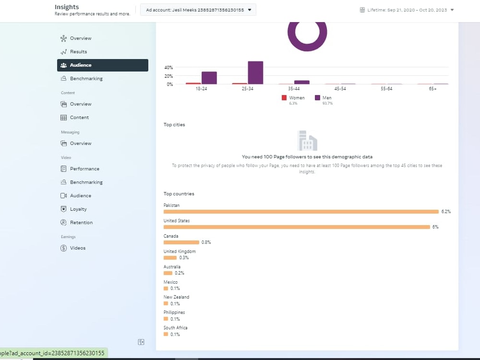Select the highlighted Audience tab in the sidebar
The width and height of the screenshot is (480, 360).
[103, 65]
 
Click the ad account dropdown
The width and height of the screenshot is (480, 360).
[198, 10]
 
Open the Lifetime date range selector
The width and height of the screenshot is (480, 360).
[407, 10]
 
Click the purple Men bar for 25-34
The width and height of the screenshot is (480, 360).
[256, 72]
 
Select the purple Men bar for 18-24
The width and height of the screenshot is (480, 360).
[209, 78]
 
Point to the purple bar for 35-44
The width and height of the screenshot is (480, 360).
[302, 83]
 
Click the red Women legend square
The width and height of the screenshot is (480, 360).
[284, 97]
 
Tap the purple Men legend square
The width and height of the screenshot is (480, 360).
[317, 97]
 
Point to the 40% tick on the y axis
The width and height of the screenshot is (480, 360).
[168, 67]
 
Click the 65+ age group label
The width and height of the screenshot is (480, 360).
[432, 88]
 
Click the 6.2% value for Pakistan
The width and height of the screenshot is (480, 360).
[446, 212]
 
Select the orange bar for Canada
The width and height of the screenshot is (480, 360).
[181, 242]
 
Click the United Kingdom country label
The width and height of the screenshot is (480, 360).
[180, 252]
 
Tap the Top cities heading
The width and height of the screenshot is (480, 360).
[174, 125]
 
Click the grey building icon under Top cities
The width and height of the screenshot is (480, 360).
[307, 141]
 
